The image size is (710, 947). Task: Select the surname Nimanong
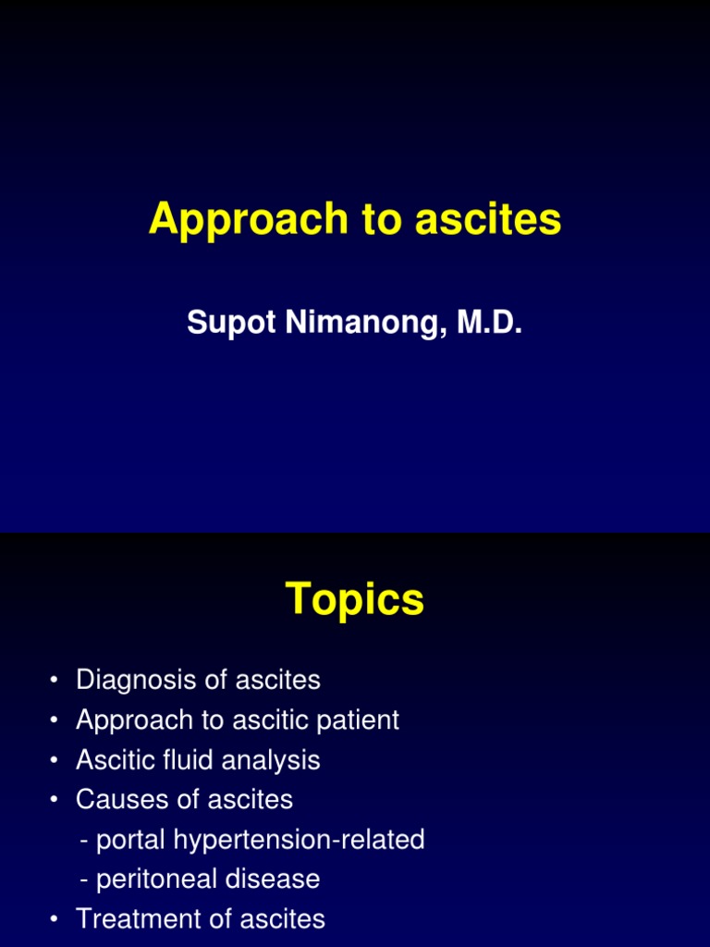click(352, 323)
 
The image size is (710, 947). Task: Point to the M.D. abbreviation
click(485, 323)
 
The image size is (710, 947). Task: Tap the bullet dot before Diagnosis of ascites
click(55, 682)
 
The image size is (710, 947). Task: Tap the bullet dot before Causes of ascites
click(55, 801)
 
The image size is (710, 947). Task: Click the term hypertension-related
click(304, 840)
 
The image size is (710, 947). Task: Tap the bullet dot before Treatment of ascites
click(55, 920)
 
